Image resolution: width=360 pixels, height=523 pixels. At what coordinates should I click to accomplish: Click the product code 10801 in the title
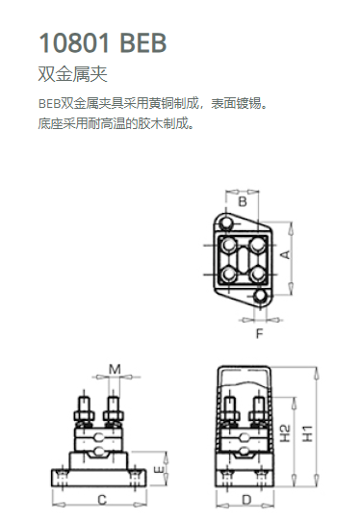tap(74, 43)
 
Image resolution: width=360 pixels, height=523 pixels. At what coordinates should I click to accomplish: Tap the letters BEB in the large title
tap(143, 43)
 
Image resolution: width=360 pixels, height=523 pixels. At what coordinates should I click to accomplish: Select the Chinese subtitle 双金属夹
tap(72, 74)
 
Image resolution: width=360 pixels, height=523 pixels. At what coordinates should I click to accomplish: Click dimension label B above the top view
tap(243, 202)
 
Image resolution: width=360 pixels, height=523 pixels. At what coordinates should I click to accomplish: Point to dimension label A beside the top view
tap(285, 255)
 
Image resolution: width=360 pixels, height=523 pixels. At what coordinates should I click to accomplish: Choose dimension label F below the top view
tap(259, 333)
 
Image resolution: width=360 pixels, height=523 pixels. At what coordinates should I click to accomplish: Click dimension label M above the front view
tap(115, 369)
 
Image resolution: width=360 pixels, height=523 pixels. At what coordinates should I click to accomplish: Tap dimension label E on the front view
tap(160, 469)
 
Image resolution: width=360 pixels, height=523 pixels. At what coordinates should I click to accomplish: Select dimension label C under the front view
tap(102, 500)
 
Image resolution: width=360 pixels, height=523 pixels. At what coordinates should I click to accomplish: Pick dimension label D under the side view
tap(246, 500)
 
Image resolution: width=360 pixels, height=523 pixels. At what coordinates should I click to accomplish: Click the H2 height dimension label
tap(285, 432)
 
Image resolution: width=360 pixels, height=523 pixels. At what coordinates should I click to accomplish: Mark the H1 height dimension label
tap(307, 432)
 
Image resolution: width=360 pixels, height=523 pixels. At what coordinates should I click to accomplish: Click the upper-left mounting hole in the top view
tap(226, 222)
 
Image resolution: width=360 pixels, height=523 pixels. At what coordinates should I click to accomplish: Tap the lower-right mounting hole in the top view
tap(260, 296)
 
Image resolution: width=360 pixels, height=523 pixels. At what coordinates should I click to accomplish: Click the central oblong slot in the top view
tap(243, 259)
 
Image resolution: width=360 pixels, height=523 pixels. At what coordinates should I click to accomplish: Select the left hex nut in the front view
tap(85, 416)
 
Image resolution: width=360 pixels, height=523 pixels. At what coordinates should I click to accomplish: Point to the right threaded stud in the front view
tap(114, 404)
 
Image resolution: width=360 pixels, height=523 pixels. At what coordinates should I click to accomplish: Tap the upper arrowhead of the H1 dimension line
tap(316, 373)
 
